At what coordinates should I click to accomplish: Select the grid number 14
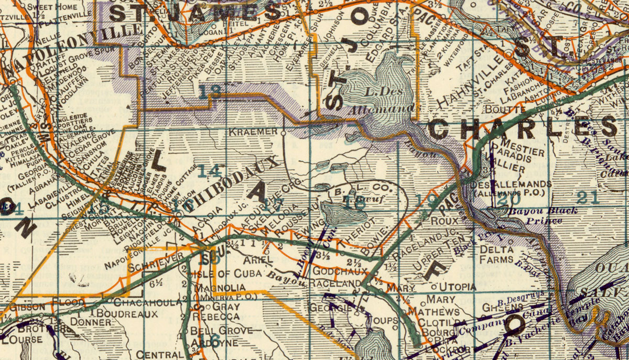[x=210, y=170]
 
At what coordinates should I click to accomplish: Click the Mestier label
[x=522, y=151]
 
